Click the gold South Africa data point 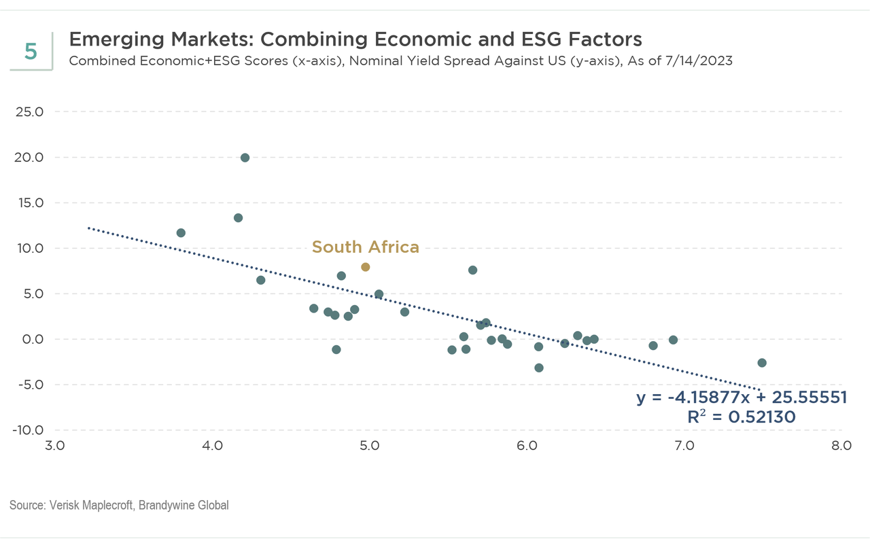click(x=366, y=267)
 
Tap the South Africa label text click(x=365, y=247)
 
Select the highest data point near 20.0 click(x=245, y=158)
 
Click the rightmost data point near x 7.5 click(x=762, y=363)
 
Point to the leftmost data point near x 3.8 click(x=181, y=233)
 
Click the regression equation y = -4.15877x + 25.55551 click(x=742, y=398)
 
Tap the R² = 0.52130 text click(x=742, y=417)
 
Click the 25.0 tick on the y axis click(x=29, y=111)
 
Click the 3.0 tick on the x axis click(x=54, y=446)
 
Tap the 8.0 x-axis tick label click(x=841, y=446)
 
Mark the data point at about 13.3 click(x=238, y=218)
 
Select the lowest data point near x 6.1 click(x=539, y=368)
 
